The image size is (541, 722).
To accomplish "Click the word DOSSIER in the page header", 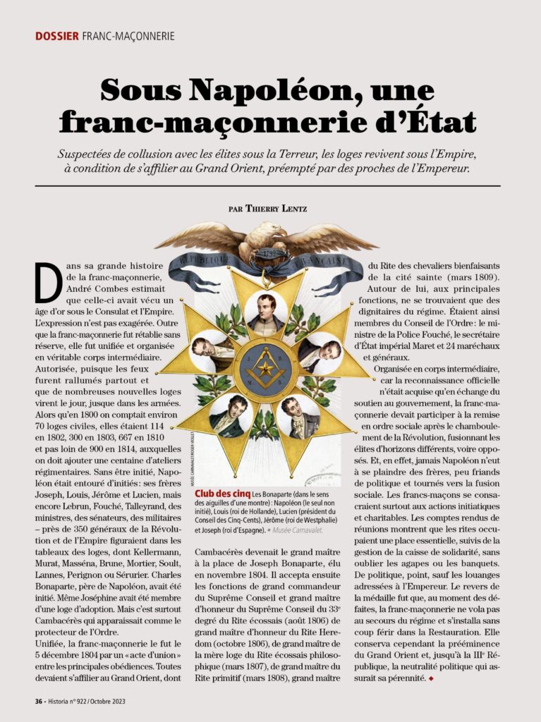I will (x=56, y=36).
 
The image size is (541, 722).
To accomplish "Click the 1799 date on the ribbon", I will (x=266, y=253).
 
